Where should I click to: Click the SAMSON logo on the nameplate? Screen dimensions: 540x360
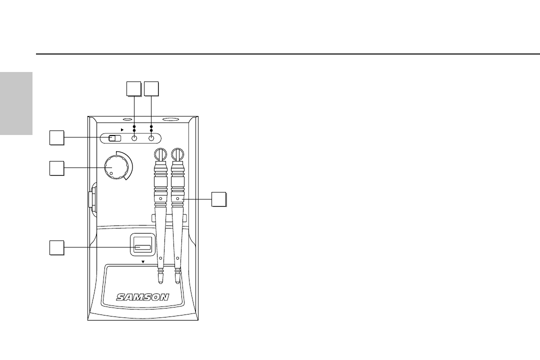[143, 297]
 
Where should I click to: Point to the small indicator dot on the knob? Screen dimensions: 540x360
[111, 174]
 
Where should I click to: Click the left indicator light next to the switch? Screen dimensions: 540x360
[134, 138]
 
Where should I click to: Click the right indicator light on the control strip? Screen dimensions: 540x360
[151, 138]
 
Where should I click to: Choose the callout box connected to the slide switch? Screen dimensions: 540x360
[57, 138]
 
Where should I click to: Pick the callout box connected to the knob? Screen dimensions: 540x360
[57, 168]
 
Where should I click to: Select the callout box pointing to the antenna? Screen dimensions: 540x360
[218, 198]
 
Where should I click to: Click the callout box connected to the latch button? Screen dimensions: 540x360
[57, 247]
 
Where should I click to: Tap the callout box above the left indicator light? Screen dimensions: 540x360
[133, 88]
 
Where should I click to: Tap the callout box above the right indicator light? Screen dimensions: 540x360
[151, 88]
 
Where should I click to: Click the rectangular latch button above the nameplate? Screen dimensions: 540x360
[142, 247]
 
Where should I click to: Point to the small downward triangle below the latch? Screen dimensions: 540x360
[142, 261]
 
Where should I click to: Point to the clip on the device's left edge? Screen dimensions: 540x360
[92, 199]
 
